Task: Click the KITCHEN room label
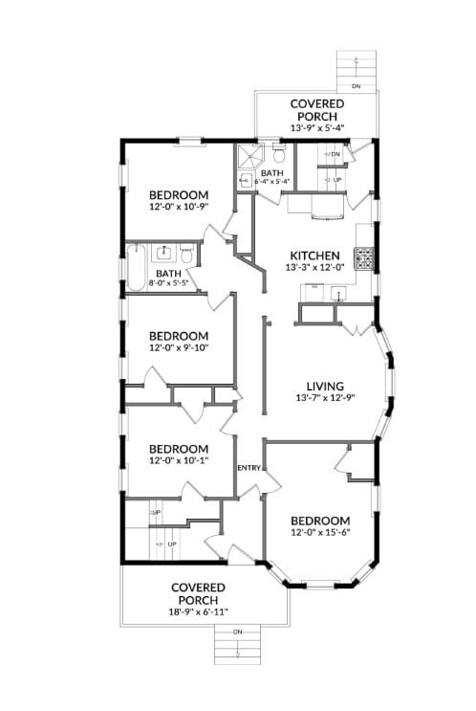[x=314, y=256]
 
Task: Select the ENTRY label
[x=249, y=466]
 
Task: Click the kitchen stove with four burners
[x=364, y=257]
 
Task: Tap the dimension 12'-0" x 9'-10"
[x=178, y=347]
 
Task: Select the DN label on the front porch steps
[x=237, y=632]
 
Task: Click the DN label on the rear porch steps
[x=356, y=87]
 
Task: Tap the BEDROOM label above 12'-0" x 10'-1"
[x=178, y=449]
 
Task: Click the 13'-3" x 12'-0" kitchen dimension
[x=314, y=269]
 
